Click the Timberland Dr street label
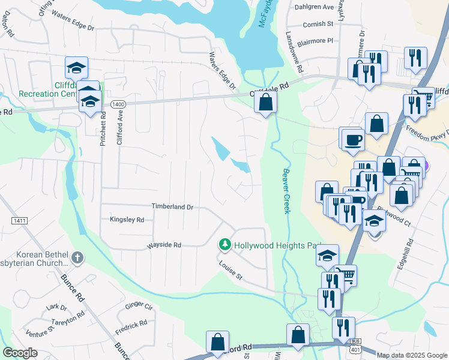coord(172,206)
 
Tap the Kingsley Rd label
coord(127,220)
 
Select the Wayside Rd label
coord(164,245)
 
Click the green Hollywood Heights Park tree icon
coord(224,245)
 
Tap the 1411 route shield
coord(19,221)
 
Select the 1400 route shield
coord(118,104)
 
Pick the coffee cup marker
coord(352,140)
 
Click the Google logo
coord(20,353)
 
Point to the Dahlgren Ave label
coord(314,7)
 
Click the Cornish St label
coord(318,24)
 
